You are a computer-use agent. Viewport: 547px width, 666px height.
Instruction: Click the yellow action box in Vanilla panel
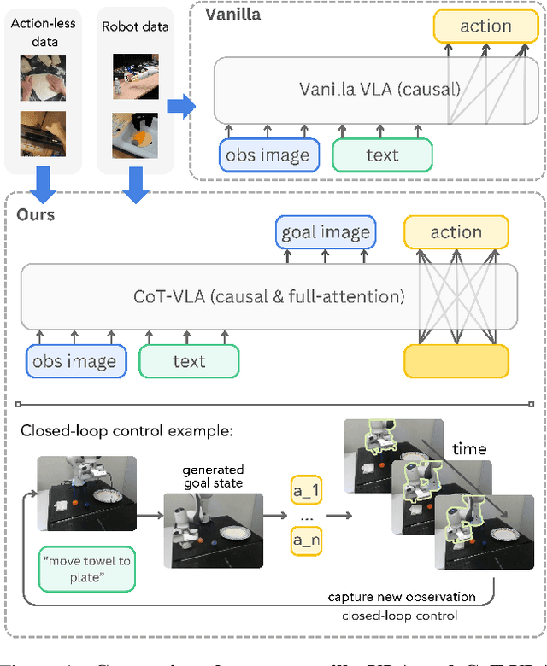click(485, 26)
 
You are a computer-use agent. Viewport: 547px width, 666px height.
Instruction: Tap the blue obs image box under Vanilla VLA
click(268, 155)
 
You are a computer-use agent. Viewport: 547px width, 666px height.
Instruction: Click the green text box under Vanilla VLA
click(382, 155)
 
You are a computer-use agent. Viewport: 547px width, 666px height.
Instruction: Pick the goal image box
click(325, 232)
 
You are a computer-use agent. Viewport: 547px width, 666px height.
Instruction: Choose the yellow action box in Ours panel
click(456, 232)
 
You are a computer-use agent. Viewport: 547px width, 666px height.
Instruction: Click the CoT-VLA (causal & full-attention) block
click(268, 296)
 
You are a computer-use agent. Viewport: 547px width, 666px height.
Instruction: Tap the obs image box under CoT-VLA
click(76, 361)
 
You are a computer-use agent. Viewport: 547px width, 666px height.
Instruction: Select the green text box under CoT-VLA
click(189, 361)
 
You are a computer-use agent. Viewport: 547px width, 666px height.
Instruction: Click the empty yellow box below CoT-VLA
click(456, 361)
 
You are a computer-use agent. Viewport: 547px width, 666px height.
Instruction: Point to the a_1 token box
click(307, 491)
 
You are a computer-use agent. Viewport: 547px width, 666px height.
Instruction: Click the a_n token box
click(307, 540)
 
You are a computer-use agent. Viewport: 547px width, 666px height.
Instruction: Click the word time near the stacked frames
click(469, 448)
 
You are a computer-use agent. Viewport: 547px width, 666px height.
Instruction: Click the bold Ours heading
click(36, 214)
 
